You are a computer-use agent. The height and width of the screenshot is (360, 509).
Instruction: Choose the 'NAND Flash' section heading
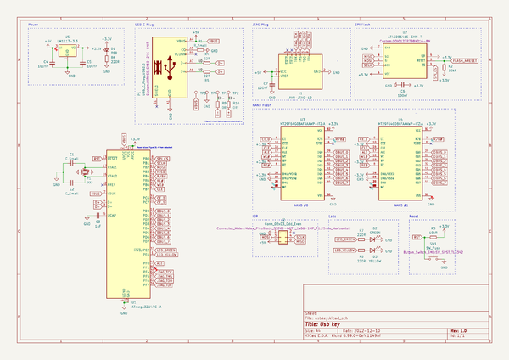[263, 104]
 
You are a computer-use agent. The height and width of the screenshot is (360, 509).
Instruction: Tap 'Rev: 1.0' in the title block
[458, 331]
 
